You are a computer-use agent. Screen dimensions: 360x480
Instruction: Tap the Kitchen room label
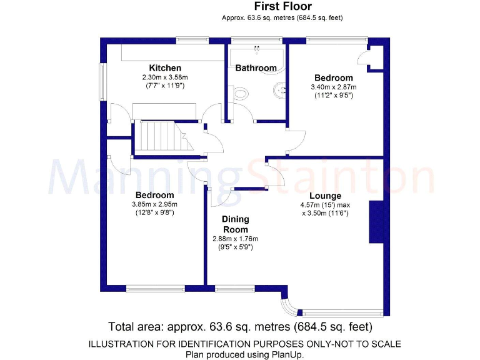click(x=165, y=67)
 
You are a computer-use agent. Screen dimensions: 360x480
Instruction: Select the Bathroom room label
click(x=256, y=67)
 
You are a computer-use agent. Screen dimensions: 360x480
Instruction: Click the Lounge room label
click(x=325, y=196)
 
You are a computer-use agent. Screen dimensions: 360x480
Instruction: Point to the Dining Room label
click(x=236, y=224)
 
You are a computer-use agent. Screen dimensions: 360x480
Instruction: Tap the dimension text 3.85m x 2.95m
click(x=154, y=204)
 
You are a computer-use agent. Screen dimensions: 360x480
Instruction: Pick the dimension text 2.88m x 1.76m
click(x=236, y=239)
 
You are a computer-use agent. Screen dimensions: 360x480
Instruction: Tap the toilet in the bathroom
click(x=239, y=94)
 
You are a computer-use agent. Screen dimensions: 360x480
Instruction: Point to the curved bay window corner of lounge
click(x=288, y=306)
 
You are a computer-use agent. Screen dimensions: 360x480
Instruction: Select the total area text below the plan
click(x=240, y=327)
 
